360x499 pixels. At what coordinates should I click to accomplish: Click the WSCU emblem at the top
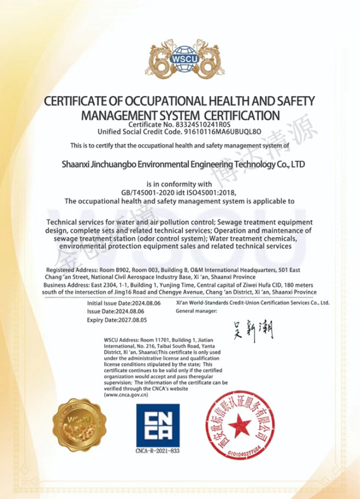[179, 57]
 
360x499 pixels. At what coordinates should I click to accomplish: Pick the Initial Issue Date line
[124, 303]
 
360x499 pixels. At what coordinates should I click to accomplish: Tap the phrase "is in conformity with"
[179, 184]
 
